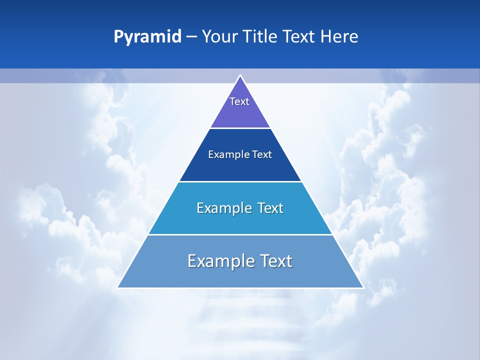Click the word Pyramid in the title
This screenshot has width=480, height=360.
click(x=147, y=37)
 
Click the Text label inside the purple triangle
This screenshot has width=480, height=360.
click(x=239, y=101)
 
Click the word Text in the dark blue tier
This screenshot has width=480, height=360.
click(x=262, y=154)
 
